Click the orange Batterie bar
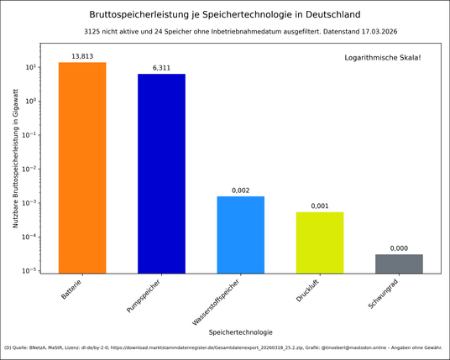pyautogui.click(x=82, y=168)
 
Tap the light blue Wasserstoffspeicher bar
pyautogui.click(x=241, y=235)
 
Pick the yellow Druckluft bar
pyautogui.click(x=320, y=243)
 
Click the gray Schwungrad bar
pyautogui.click(x=399, y=263)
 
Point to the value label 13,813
pyautogui.click(x=82, y=55)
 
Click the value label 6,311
pyautogui.click(x=161, y=67)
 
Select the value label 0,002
pyautogui.click(x=241, y=190)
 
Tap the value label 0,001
pyautogui.click(x=320, y=206)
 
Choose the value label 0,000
pyautogui.click(x=399, y=248)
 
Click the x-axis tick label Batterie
pyautogui.click(x=72, y=290)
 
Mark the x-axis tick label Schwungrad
pyautogui.click(x=385, y=294)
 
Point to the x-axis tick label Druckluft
pyautogui.click(x=308, y=291)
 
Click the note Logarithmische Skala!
pyautogui.click(x=383, y=57)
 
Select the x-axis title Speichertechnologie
pyautogui.click(x=240, y=331)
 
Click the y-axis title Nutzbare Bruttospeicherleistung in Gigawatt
pyautogui.click(x=15, y=165)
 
